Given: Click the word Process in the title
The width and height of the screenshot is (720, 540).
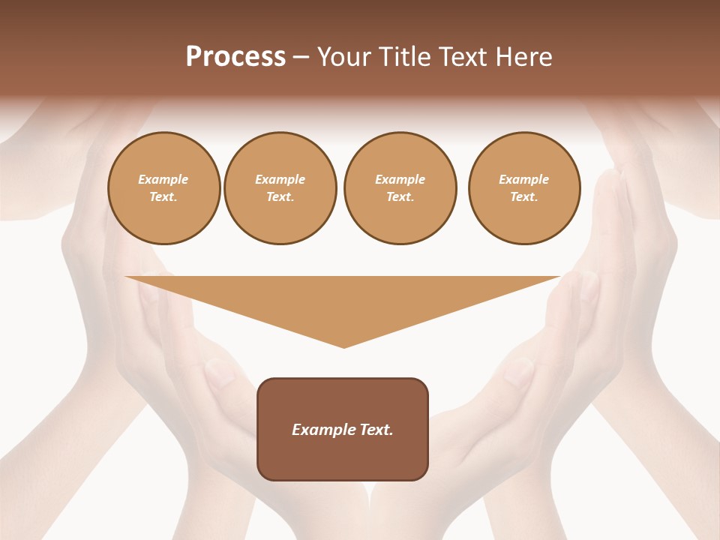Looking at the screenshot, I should coord(235,57).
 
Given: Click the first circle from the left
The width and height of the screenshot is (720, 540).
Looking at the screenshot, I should coord(163,188).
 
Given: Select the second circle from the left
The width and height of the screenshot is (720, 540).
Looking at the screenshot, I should coord(280,188).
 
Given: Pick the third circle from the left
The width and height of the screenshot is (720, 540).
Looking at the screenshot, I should coord(400,188).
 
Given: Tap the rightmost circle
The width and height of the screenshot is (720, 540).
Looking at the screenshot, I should coord(523,188).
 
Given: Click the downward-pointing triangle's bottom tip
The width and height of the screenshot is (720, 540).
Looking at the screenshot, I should coord(343,346).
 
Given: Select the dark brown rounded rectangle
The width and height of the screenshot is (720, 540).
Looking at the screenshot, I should coord(343,457).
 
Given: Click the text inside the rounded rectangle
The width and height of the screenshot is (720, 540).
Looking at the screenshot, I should coord(343,430).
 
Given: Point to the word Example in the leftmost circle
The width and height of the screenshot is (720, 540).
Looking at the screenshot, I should coord(163,179).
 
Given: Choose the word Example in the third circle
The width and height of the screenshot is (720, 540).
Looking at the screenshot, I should coord(400,179).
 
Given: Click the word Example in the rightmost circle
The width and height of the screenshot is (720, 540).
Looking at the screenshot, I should coord(523,179).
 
